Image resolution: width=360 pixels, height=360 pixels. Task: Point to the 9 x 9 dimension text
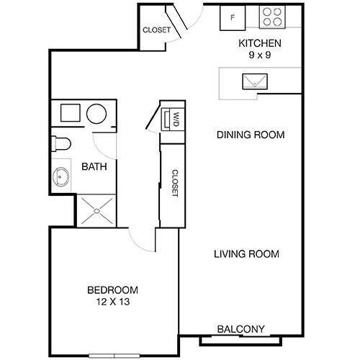(x=260, y=55)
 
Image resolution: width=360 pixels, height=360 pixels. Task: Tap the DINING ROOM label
(x=251, y=134)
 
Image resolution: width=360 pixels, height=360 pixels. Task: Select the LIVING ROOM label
(x=246, y=254)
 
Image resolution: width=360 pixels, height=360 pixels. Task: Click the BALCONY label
(x=241, y=329)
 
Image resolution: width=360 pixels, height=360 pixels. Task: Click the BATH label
(x=94, y=166)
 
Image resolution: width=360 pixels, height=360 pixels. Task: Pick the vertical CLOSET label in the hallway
(x=174, y=184)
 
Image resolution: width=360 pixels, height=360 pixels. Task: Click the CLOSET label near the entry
(x=156, y=30)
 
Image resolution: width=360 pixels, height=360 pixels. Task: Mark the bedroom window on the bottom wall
(x=114, y=354)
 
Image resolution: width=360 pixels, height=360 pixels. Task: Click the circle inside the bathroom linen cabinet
(x=96, y=113)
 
